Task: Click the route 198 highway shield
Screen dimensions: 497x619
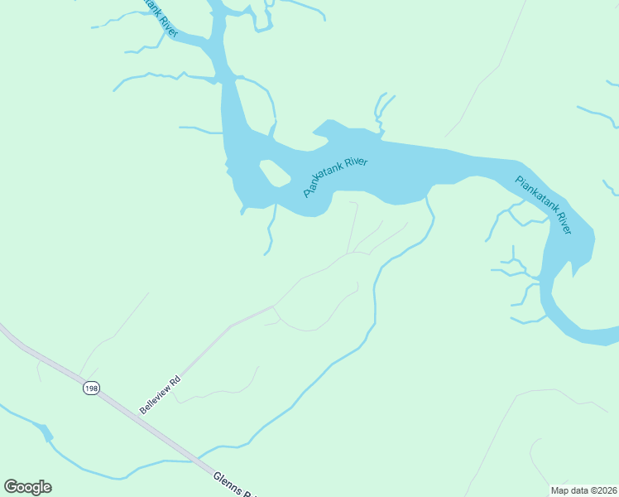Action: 90,388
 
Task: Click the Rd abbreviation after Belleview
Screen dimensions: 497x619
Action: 175,383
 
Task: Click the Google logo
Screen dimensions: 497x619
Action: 27,487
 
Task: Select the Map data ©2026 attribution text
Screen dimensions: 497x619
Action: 584,490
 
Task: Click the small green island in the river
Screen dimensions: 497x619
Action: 275,173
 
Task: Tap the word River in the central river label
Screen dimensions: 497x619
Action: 353,165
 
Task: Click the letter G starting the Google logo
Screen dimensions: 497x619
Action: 11,487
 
